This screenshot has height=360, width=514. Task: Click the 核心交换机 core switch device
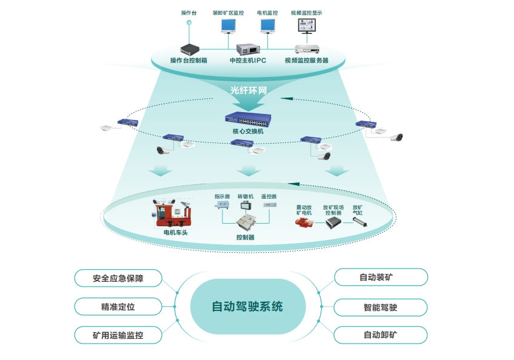(x=248, y=119)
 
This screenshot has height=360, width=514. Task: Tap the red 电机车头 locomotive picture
(x=172, y=213)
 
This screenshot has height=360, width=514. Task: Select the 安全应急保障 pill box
(x=118, y=278)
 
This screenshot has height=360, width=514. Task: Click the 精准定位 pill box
(x=118, y=307)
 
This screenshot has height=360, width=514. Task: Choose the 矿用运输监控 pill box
(x=118, y=335)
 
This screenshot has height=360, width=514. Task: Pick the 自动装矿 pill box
(x=381, y=277)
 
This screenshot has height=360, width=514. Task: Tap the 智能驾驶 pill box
(x=381, y=307)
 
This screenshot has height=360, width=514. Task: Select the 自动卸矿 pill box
(x=381, y=335)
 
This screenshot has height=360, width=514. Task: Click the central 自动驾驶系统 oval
(x=248, y=306)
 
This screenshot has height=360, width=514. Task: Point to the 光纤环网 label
(x=248, y=90)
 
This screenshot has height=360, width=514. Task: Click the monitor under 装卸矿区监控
(x=229, y=26)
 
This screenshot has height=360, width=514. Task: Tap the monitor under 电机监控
(x=267, y=26)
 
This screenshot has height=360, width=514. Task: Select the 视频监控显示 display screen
(x=307, y=26)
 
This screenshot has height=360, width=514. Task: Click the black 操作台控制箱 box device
(x=190, y=50)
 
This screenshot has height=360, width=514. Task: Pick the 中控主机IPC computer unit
(x=248, y=50)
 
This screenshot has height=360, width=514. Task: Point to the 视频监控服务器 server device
(x=307, y=49)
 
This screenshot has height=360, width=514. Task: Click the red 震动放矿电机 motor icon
(x=304, y=222)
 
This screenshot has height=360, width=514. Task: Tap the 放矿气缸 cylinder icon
(x=359, y=222)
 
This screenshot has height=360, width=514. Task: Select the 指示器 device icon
(x=222, y=205)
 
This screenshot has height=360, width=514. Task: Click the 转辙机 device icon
(x=245, y=205)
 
